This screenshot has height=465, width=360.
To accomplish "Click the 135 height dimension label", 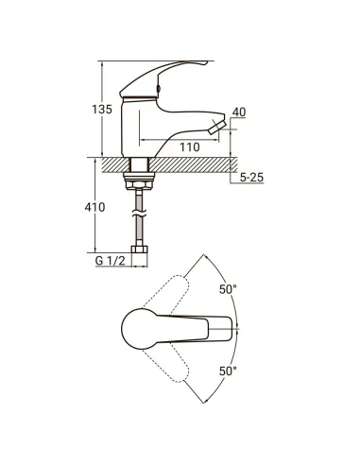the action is click(102, 110).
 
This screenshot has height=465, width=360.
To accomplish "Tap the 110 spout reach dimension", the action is click(190, 146).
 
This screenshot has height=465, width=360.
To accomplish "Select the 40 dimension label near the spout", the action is click(239, 112).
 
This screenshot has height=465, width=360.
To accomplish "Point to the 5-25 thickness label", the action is click(251, 178).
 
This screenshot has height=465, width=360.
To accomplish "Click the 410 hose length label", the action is click(94, 207).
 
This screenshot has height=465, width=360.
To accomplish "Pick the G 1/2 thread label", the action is click(111, 261).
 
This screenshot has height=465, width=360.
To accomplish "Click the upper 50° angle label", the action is click(228, 289).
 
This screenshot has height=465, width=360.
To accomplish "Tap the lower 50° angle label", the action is click(228, 371).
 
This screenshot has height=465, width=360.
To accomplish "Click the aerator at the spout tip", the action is click(216, 127).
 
